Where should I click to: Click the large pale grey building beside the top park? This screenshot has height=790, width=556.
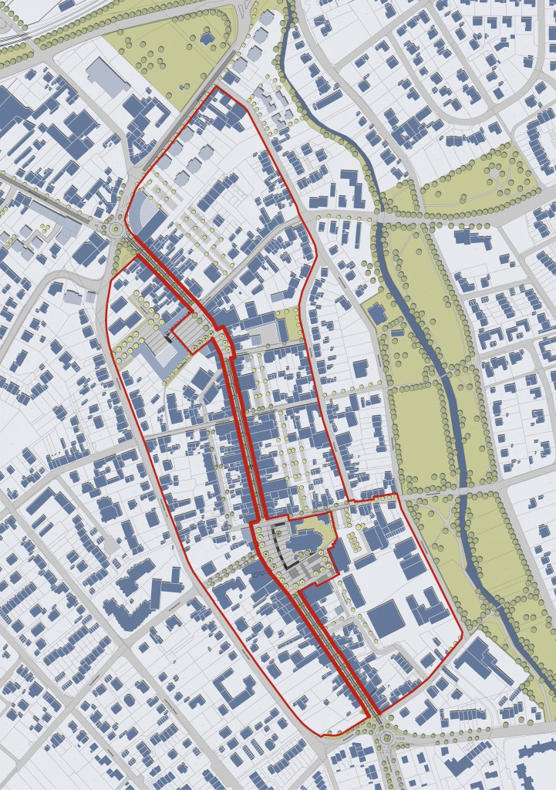(108, 78)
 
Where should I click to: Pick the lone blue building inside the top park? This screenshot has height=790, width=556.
(207, 37)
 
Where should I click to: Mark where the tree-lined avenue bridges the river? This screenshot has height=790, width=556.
(380, 220)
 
